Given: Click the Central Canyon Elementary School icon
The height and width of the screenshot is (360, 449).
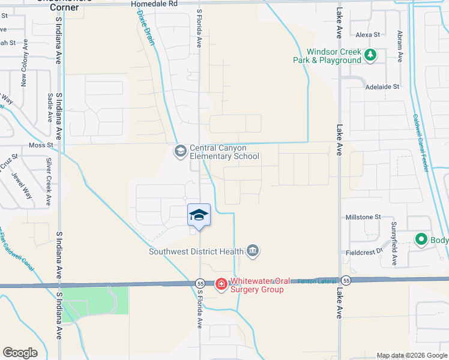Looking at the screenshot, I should [x=180, y=151].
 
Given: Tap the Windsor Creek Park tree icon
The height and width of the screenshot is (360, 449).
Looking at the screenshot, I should [x=371, y=56].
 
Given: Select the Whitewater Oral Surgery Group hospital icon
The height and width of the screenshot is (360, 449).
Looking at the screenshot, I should [x=221, y=283].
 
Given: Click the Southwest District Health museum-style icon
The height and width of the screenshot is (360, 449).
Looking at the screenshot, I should [x=253, y=251].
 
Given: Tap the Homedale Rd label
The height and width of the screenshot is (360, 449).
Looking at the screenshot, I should [x=154, y=4].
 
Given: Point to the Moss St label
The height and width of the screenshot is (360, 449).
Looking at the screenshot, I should [x=41, y=145].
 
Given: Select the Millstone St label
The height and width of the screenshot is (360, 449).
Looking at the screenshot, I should [x=363, y=217].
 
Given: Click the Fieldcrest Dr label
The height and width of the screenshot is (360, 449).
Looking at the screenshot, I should [x=364, y=253].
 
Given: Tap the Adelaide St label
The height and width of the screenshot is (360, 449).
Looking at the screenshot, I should [x=382, y=87].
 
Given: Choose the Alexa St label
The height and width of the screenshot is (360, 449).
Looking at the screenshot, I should [x=368, y=35].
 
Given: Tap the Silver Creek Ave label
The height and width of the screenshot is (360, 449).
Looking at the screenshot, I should [x=49, y=178].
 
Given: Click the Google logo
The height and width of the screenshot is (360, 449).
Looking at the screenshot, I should [x=20, y=353].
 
